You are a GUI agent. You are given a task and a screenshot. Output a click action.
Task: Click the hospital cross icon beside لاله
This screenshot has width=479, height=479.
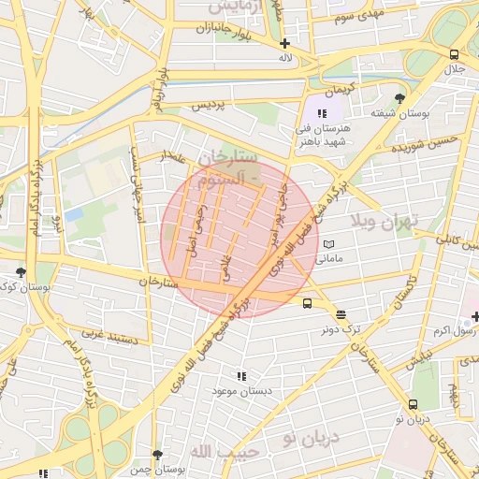[x=284, y=43]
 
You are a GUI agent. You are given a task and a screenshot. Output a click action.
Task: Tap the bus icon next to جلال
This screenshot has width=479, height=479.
[x=454, y=54]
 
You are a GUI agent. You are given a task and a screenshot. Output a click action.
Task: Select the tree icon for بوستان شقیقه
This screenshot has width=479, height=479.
[x=400, y=98]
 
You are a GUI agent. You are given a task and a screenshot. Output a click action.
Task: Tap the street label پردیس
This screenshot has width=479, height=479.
[x=210, y=106]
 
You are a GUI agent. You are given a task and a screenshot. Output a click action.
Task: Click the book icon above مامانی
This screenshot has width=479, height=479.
[x=328, y=244]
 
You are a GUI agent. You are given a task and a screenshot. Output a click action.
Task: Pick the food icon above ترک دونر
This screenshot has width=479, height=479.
[x=340, y=315]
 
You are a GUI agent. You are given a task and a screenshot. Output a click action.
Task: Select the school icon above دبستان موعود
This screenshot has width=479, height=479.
[x=241, y=376]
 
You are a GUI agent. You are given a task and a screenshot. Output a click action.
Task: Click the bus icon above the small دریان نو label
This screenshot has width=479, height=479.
[x=413, y=404]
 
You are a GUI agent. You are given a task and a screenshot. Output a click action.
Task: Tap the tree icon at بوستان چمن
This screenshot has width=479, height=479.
[x=157, y=455]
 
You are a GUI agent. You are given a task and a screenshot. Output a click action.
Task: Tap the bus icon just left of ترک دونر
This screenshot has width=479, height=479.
[x=307, y=302]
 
